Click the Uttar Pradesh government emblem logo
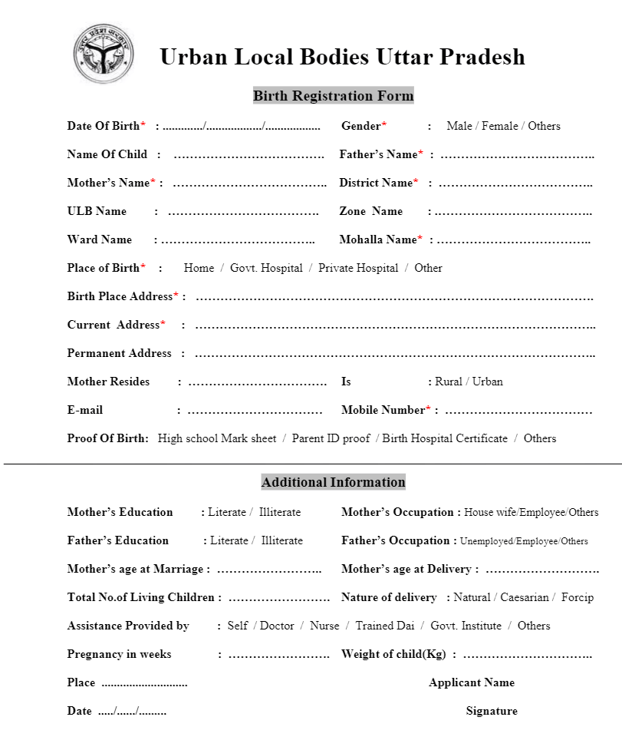(103, 54)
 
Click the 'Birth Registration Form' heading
(333, 96)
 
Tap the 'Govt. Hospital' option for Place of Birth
(266, 268)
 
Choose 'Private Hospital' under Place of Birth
(358, 268)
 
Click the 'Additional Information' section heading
(333, 482)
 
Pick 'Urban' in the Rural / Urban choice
(488, 382)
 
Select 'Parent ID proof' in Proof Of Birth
(331, 438)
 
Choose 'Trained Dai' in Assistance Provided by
(384, 626)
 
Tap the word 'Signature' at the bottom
(492, 711)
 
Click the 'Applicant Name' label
(472, 682)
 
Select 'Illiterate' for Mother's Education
(280, 512)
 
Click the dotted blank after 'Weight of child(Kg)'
(527, 655)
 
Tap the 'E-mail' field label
(85, 410)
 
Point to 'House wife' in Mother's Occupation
(489, 512)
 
